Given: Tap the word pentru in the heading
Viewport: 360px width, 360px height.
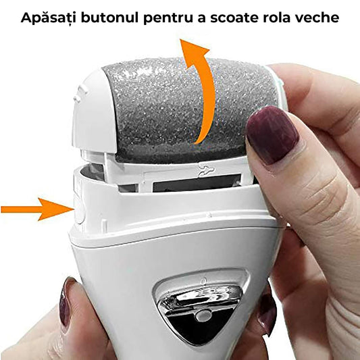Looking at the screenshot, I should click(x=171, y=18).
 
